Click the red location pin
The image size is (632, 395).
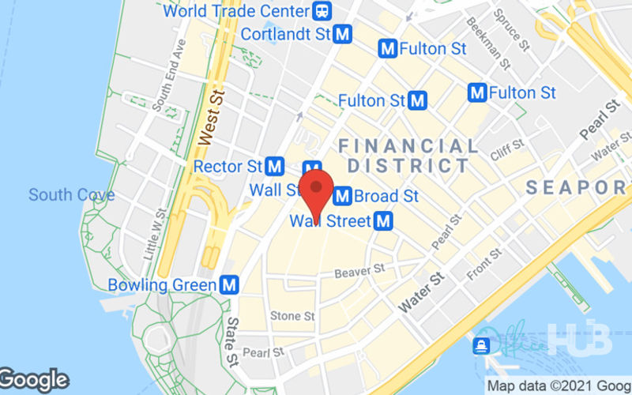pos(318,190)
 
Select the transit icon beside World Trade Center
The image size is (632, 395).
pos(322,12)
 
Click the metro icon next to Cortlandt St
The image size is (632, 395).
pos(342,34)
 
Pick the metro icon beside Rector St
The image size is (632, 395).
pos(275,167)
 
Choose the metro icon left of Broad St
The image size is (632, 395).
pos(342,195)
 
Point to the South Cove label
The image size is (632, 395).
pos(72,194)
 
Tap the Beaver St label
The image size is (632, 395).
pos(359,271)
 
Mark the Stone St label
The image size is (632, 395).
pos(292,316)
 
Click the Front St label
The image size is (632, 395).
pos(484,265)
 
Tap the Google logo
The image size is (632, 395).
pos(33,380)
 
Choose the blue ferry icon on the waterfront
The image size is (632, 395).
pos(480,346)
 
